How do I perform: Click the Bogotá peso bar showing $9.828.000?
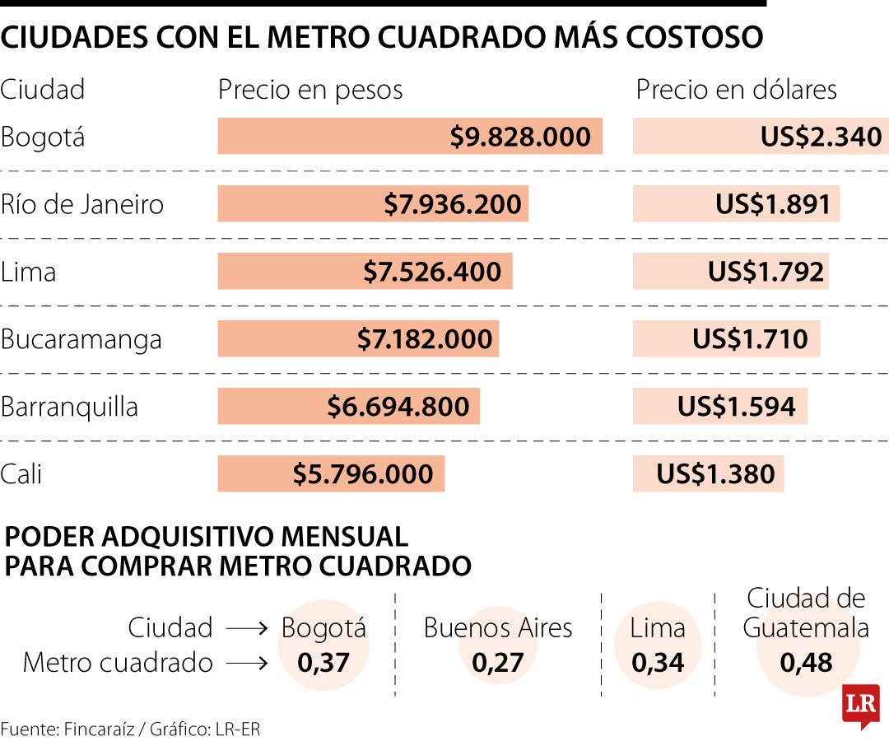pyautogui.click(x=410, y=137)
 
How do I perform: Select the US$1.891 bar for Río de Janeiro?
pyautogui.click(x=736, y=204)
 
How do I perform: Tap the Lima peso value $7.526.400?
pyautogui.click(x=432, y=272)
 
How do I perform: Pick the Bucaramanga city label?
pyautogui.click(x=81, y=339)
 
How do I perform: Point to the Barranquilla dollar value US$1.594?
pyautogui.click(x=736, y=407)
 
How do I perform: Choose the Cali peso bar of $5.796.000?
pyautogui.click(x=331, y=474)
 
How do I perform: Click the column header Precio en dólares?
pyautogui.click(x=736, y=90)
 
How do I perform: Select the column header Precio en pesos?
pyautogui.click(x=310, y=90)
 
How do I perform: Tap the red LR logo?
pyautogui.click(x=860, y=705)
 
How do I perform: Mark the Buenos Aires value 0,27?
pyautogui.click(x=498, y=662)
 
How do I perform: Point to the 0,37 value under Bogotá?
pyautogui.click(x=323, y=662)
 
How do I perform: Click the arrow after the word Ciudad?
pyautogui.click(x=247, y=629)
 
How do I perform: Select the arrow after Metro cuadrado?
pyautogui.click(x=247, y=663)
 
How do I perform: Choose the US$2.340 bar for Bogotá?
pyautogui.click(x=760, y=137)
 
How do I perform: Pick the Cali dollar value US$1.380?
pyautogui.click(x=715, y=474)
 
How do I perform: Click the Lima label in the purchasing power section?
pyautogui.click(x=657, y=628)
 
